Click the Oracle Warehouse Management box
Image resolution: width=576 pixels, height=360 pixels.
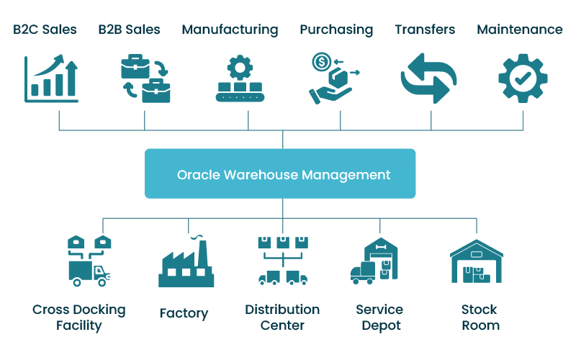click(x=280, y=174)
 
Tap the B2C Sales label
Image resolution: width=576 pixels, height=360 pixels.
click(x=45, y=30)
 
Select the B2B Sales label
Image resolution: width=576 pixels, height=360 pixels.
click(x=130, y=30)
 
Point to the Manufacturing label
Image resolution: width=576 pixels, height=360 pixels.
click(x=230, y=30)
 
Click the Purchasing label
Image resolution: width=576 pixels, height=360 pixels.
click(x=336, y=30)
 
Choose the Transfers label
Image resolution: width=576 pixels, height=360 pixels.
click(x=425, y=30)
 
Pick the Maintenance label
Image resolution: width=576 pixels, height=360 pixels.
click(x=520, y=30)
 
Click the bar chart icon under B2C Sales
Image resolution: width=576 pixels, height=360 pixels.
click(x=51, y=80)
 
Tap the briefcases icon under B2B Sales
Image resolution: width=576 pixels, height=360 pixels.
click(x=145, y=79)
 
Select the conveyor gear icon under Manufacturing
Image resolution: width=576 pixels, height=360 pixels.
click(x=239, y=79)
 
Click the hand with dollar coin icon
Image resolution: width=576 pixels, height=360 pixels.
click(x=333, y=79)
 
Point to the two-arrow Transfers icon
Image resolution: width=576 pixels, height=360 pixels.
click(x=429, y=78)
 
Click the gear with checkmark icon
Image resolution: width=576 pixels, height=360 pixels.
click(x=523, y=78)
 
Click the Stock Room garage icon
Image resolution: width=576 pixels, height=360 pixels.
click(x=476, y=260)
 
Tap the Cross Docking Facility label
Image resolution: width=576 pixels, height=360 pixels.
click(x=79, y=318)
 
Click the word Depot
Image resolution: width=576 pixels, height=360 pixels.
click(x=379, y=325)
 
